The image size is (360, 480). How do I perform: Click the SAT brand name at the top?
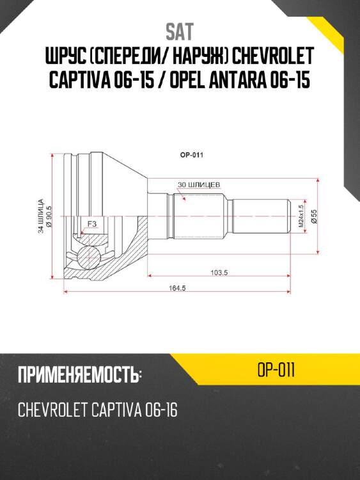tap(180, 32)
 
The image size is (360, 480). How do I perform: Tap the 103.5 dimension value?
tap(219, 272)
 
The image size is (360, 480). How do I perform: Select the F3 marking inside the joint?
tap(91, 224)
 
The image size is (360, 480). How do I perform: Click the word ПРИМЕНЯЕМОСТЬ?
tap(79, 376)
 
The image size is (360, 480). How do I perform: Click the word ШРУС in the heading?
tap(65, 58)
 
